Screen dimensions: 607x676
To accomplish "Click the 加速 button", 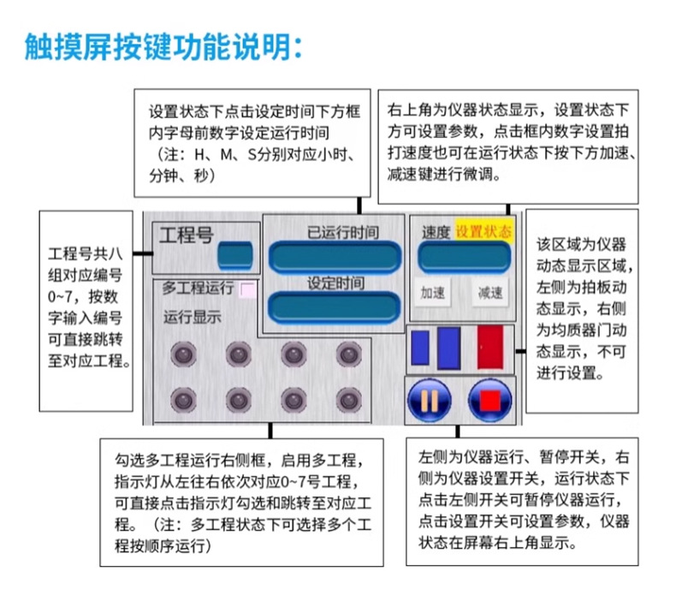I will [x=432, y=292].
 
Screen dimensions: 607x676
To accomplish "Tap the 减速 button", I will [x=489, y=292].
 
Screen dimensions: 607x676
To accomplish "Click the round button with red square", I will [x=489, y=399].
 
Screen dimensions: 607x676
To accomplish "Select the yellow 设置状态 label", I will [x=483, y=231].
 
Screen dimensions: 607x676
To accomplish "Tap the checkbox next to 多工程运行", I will [x=248, y=289].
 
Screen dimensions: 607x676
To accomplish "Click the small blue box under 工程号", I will [x=234, y=254].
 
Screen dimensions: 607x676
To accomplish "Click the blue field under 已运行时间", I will [x=335, y=255].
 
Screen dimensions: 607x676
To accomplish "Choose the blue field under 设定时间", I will [x=335, y=306].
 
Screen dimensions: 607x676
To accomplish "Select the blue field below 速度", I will [x=464, y=256].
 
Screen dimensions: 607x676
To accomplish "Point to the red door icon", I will [x=490, y=348].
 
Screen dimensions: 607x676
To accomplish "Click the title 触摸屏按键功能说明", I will [x=163, y=44].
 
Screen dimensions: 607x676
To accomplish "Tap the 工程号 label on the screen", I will [x=187, y=234].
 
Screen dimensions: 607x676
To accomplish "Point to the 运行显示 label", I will [x=193, y=317].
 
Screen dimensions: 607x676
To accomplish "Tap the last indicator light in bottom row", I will [x=347, y=398].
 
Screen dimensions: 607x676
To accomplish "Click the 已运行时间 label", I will [x=342, y=231].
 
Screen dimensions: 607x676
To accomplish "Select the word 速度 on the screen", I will [x=436, y=232].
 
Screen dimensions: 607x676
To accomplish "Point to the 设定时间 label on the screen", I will [x=334, y=283].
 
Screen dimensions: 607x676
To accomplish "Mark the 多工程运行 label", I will [x=198, y=288].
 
